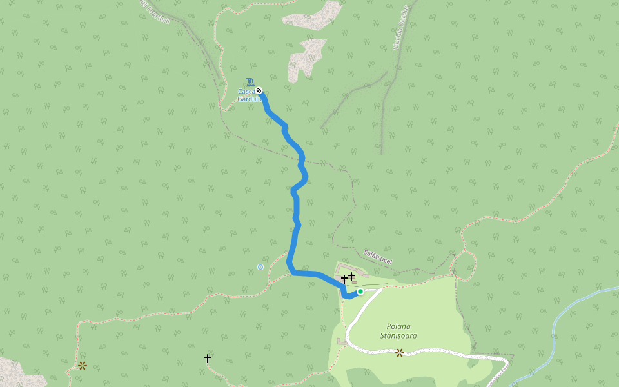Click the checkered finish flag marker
259,90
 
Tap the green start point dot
360,292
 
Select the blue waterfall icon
249,83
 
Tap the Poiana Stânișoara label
398,331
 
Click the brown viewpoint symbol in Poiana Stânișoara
400,352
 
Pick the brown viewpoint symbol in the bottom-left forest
83,366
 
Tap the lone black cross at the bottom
208,358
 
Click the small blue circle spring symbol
260,266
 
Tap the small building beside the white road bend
341,341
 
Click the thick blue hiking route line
296,213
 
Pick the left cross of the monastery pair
344,279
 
